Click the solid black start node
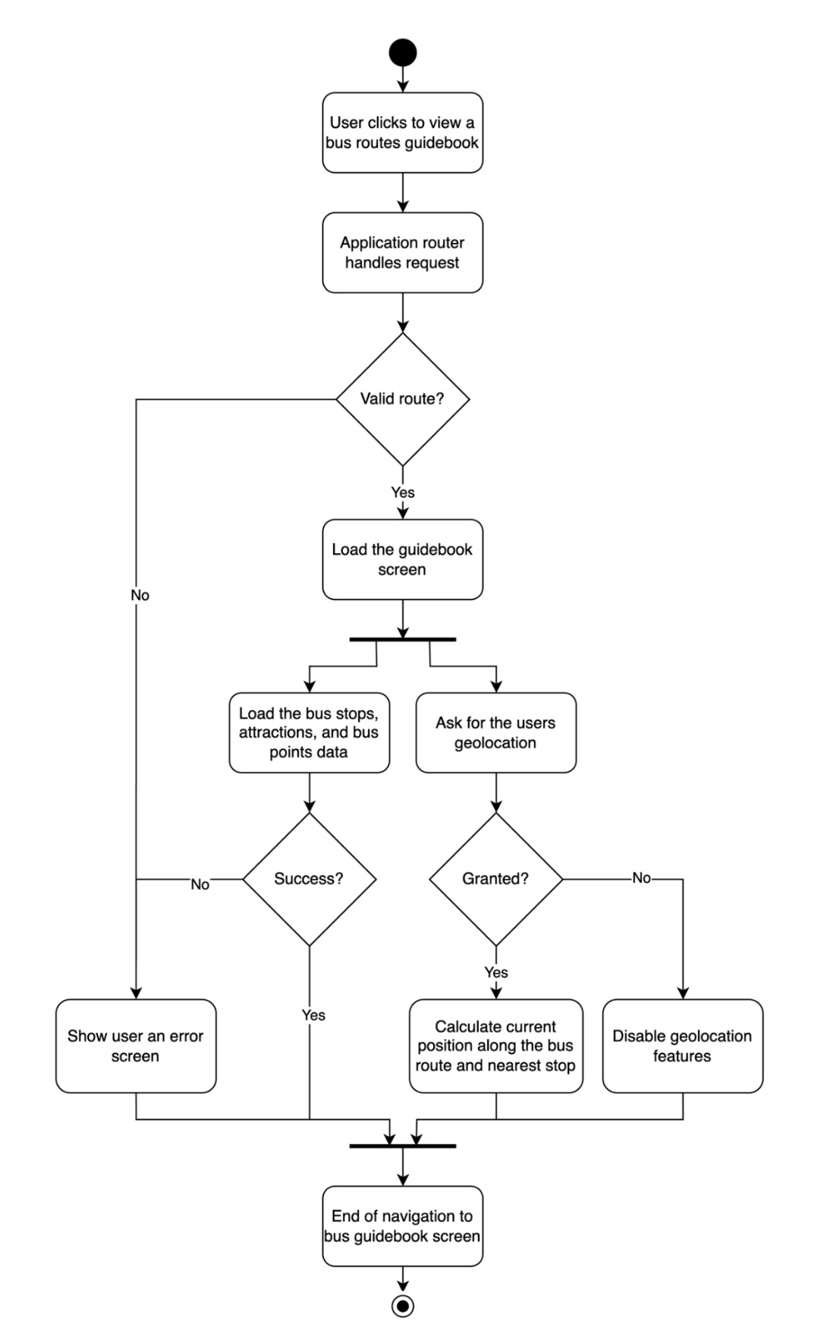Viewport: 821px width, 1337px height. tap(402, 52)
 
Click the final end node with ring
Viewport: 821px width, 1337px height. tap(402, 1305)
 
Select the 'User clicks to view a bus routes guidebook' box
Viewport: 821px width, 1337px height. tap(402, 133)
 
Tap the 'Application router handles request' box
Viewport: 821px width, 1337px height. tap(402, 253)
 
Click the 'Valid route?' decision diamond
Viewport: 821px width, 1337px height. tap(402, 399)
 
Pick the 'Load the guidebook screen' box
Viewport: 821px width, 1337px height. tap(402, 559)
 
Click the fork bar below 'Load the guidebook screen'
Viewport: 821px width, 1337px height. tap(402, 640)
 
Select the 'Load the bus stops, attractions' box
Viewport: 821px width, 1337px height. tap(309, 732)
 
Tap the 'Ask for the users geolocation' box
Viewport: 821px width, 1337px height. tap(495, 732)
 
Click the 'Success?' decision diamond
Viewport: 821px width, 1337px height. tap(309, 879)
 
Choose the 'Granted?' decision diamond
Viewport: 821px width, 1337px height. tap(495, 879)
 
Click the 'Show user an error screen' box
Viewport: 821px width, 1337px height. tap(136, 1046)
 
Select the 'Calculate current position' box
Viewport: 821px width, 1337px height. tap(495, 1046)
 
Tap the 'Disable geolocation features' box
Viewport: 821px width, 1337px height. tap(682, 1046)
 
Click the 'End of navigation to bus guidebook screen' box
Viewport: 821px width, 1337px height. tap(402, 1225)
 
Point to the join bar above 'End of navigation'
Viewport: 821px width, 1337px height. tap(402, 1145)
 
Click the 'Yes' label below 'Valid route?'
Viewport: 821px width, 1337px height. tap(402, 492)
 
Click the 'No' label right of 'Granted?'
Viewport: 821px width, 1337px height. tap(641, 878)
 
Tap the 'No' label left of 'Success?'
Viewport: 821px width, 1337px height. tap(200, 884)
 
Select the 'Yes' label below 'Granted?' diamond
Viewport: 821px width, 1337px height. tap(495, 972)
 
